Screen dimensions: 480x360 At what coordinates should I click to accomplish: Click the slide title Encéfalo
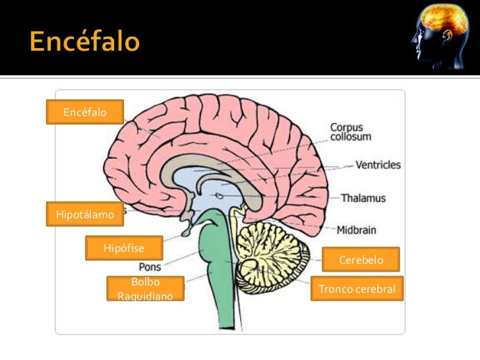click(x=84, y=42)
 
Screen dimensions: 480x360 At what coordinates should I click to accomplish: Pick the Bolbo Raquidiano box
click(x=145, y=289)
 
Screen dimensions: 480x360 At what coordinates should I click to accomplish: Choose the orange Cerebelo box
click(x=361, y=260)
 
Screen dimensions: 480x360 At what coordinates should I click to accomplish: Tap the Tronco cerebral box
click(x=357, y=289)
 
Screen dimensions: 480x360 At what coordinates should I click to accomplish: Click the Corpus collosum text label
click(x=350, y=132)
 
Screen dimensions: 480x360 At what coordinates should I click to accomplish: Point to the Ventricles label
click(x=378, y=165)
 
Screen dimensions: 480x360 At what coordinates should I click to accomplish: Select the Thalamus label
click(x=364, y=198)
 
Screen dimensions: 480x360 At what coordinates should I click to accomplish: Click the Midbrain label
click(x=357, y=230)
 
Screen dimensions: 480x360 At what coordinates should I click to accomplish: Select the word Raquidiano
click(x=145, y=297)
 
